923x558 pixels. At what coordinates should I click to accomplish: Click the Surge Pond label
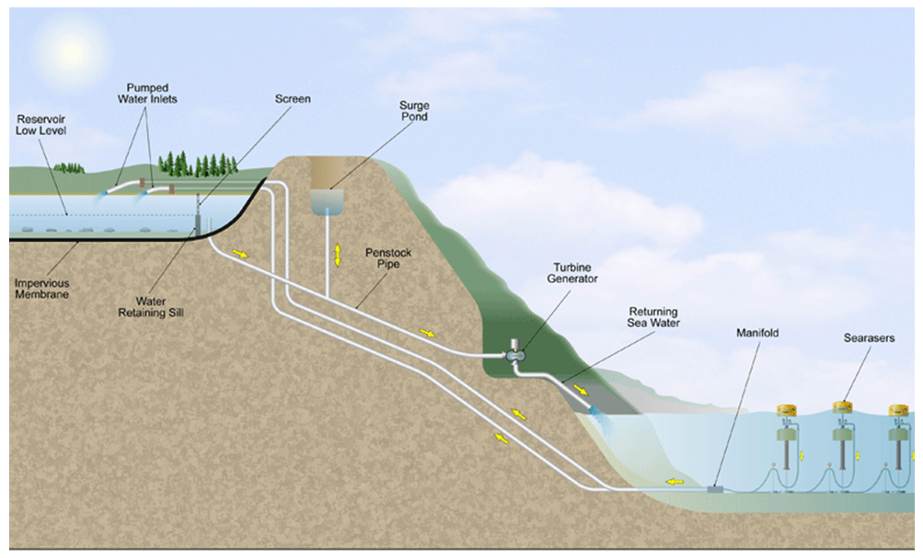coord(413,111)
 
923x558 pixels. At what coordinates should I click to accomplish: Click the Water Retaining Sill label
coord(164,307)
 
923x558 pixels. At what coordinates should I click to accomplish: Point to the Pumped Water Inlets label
coord(153,93)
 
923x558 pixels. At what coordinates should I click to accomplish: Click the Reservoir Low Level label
coord(41,124)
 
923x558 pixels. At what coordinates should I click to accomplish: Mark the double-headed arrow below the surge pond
coord(338,256)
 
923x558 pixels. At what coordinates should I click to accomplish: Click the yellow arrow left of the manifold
coord(676,481)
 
